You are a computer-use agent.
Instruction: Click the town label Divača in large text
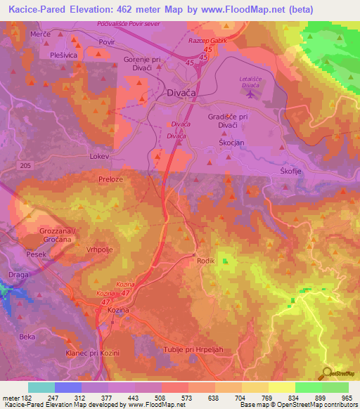point(181,92)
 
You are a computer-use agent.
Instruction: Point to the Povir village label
point(106,42)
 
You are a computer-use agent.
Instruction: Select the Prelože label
point(111,179)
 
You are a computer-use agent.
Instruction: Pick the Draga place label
point(19,274)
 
